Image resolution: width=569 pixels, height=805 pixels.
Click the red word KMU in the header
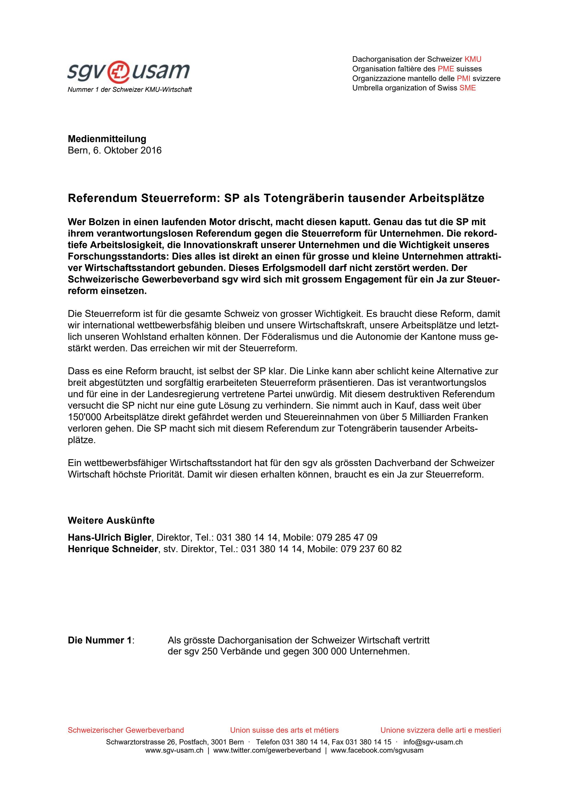pyautogui.click(x=473, y=59)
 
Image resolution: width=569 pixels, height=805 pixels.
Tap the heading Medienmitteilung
pyautogui.click(x=107, y=139)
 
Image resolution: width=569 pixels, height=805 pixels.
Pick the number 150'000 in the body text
pyautogui.click(x=84, y=417)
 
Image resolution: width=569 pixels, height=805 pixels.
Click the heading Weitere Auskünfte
pyautogui.click(x=111, y=520)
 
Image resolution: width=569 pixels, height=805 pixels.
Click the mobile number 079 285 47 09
pyautogui.click(x=347, y=537)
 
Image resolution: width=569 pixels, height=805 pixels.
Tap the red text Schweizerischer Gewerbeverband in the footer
pyautogui.click(x=126, y=730)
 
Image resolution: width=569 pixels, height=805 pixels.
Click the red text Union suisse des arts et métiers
pyautogui.click(x=284, y=730)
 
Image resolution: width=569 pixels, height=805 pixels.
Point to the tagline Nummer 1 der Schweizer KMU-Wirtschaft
pyautogui.click(x=130, y=90)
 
